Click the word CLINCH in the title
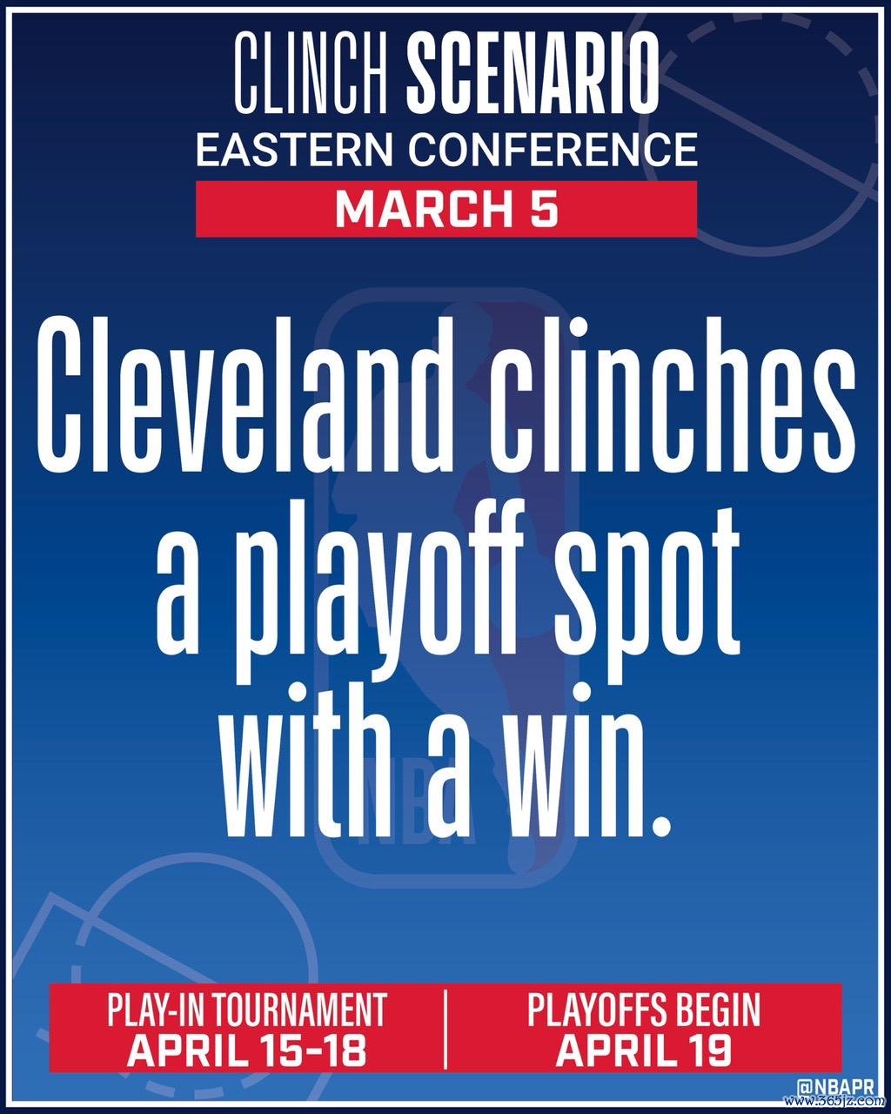(x=312, y=73)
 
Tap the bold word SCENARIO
(x=533, y=73)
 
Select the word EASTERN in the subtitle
(x=294, y=149)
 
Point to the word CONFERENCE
(x=553, y=149)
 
